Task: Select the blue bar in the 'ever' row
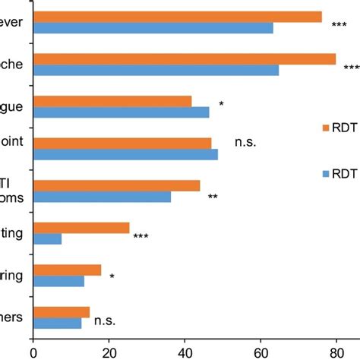pyautogui.click(x=153, y=29)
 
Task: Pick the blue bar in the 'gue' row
pyautogui.click(x=121, y=112)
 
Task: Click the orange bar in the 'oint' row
pyautogui.click(x=122, y=143)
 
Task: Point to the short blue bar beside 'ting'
pyautogui.click(x=47, y=239)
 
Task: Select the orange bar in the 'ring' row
pyautogui.click(x=67, y=270)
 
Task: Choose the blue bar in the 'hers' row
pyautogui.click(x=57, y=324)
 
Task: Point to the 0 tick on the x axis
pyautogui.click(x=33, y=351)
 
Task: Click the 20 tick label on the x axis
pyautogui.click(x=109, y=351)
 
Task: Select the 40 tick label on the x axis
pyautogui.click(x=185, y=351)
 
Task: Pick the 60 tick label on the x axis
pyautogui.click(x=261, y=351)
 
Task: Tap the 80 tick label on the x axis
pyautogui.click(x=336, y=351)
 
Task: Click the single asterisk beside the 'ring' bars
pyautogui.click(x=112, y=277)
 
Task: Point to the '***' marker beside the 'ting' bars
pyautogui.click(x=141, y=237)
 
